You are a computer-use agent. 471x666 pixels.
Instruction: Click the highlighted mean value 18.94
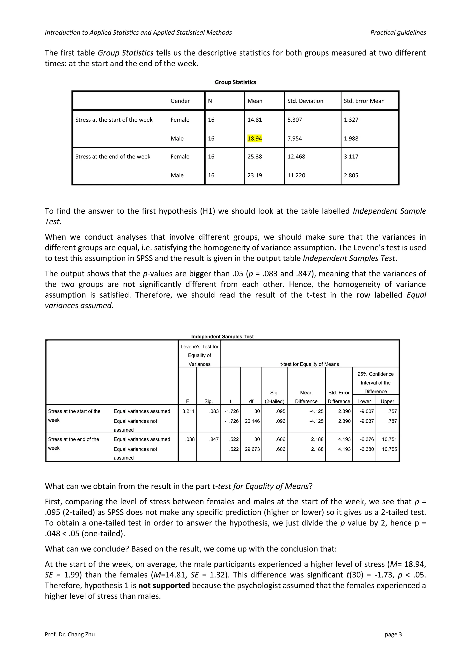[254, 138]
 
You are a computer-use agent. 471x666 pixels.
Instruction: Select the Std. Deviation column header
[305, 101]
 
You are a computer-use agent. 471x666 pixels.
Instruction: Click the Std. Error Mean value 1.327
[351, 120]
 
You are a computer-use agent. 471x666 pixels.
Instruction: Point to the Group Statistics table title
[235, 82]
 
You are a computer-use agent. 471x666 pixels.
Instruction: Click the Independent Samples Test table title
[222, 336]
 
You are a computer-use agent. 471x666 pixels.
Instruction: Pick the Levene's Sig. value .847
[214, 439]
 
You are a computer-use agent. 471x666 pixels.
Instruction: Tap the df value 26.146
[252, 421]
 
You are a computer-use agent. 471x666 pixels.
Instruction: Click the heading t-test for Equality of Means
[310, 364]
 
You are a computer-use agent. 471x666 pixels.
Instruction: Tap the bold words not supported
[164, 585]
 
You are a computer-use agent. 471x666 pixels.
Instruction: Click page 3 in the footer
[393, 634]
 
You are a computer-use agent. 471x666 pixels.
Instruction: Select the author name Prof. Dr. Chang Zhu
[70, 634]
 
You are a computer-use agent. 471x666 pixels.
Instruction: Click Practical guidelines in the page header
[398, 32]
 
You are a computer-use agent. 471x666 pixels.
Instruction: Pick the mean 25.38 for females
[254, 157]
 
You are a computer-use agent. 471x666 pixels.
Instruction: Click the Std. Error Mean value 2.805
[351, 175]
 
